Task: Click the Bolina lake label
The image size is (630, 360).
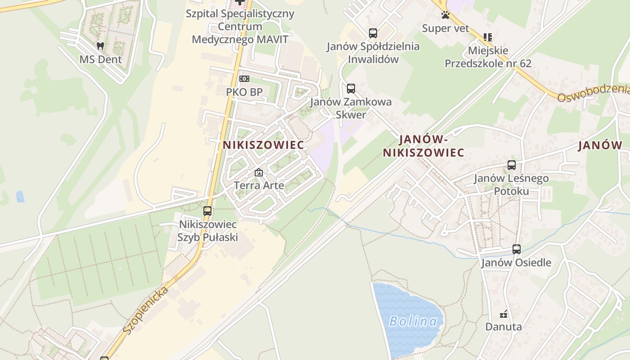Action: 413,321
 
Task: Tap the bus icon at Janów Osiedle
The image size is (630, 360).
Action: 517,249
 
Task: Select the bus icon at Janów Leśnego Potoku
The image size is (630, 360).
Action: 512,165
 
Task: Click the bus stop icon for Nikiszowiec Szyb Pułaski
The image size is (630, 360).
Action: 207,211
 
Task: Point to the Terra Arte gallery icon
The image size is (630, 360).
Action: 259,172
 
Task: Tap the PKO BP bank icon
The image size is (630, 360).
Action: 244,79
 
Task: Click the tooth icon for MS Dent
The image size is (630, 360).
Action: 100,46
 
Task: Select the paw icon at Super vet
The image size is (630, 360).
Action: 445,15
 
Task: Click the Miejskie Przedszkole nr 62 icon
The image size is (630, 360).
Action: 488,37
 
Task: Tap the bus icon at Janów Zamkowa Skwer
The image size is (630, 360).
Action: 351,88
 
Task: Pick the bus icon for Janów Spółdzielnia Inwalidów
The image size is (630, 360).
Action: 373,33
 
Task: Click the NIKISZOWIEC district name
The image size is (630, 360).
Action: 263,145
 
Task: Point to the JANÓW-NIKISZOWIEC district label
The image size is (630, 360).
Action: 423,146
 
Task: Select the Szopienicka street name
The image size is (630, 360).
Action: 146,310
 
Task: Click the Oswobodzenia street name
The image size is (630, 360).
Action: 593,92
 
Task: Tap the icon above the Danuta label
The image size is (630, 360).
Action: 504,314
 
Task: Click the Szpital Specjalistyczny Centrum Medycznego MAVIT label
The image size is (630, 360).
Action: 240,26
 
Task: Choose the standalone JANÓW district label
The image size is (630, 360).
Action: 600,145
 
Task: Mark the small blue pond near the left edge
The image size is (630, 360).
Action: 20,196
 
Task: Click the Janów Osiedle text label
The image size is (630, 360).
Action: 516,262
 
